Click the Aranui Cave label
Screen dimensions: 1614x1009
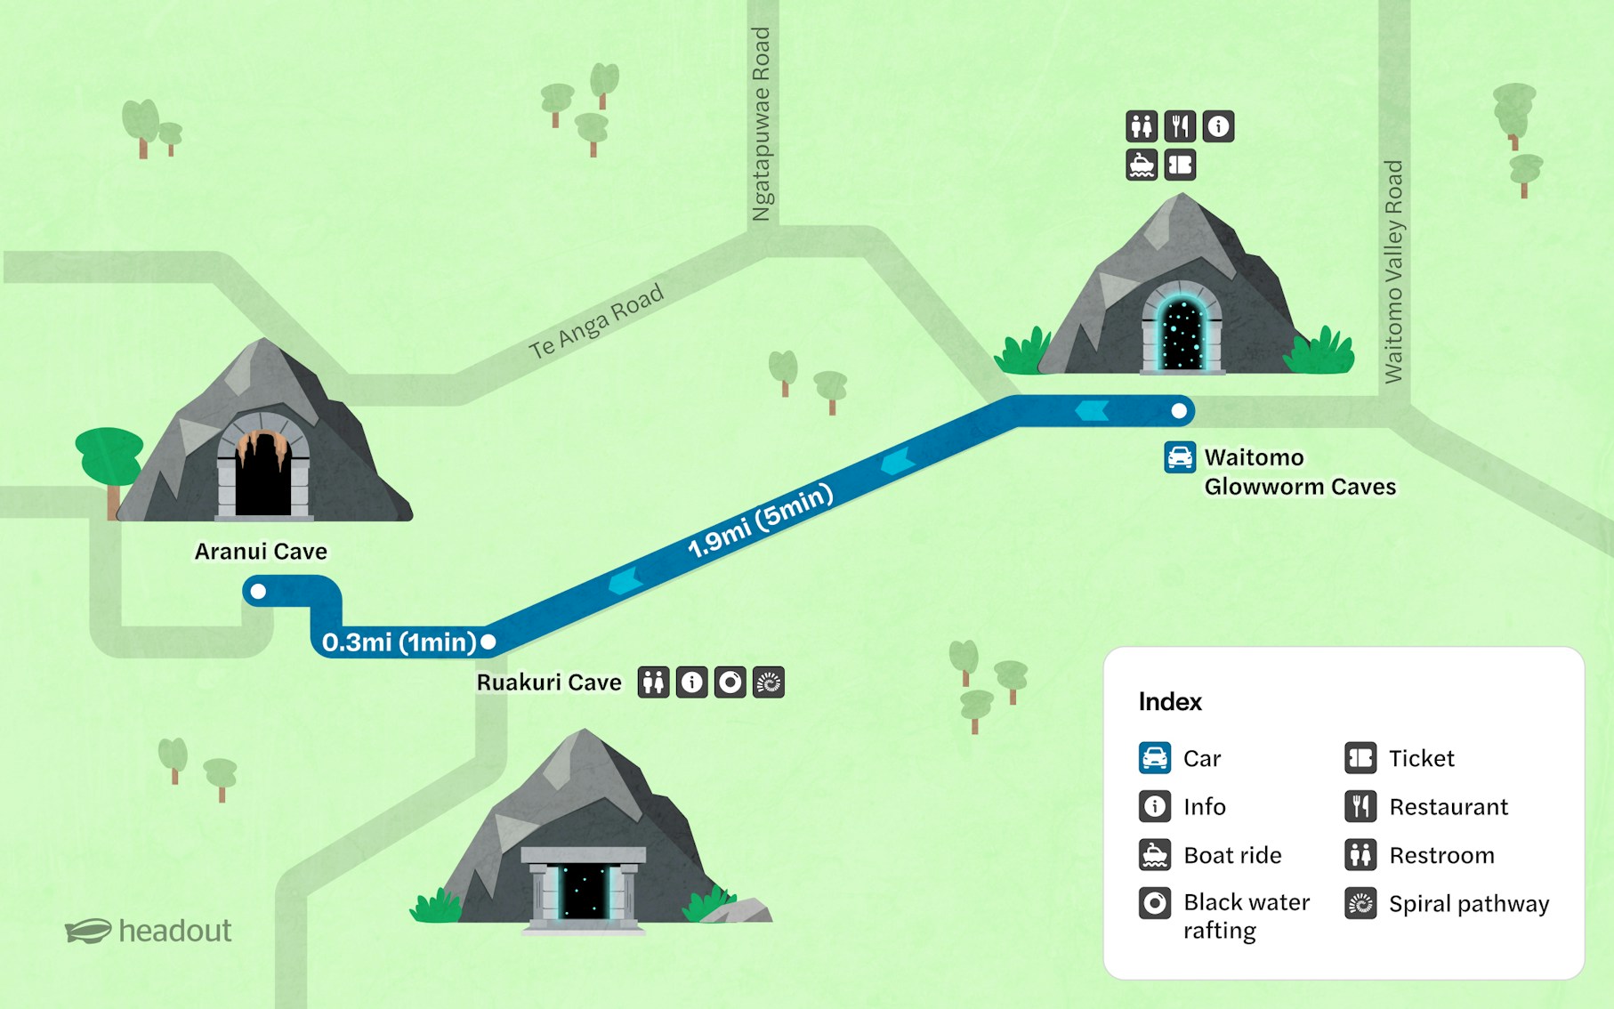(261, 552)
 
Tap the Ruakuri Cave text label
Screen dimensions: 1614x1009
(549, 682)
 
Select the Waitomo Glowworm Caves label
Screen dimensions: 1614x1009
(1299, 472)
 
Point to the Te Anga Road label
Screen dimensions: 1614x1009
(596, 321)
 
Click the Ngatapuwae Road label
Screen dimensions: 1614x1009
(762, 124)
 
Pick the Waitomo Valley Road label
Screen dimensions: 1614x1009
(1393, 271)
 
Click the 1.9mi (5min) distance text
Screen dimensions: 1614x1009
(760, 521)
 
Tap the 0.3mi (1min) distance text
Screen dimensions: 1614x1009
(399, 642)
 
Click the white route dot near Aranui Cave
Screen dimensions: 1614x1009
(258, 591)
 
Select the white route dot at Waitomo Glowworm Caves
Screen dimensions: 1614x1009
(1179, 411)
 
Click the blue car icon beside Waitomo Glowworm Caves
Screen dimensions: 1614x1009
(1180, 457)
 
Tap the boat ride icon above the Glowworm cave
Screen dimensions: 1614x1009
(1142, 165)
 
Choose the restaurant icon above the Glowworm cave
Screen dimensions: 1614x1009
(1180, 126)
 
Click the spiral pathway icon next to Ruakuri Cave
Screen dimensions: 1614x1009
(769, 682)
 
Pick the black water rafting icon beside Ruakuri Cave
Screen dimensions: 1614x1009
(730, 682)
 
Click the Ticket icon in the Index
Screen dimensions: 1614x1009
(1360, 758)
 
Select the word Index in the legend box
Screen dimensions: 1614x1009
(1170, 702)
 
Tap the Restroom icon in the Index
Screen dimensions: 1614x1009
(1360, 855)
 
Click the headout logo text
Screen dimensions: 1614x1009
(174, 931)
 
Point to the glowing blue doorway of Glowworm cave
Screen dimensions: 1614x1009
(1182, 334)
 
